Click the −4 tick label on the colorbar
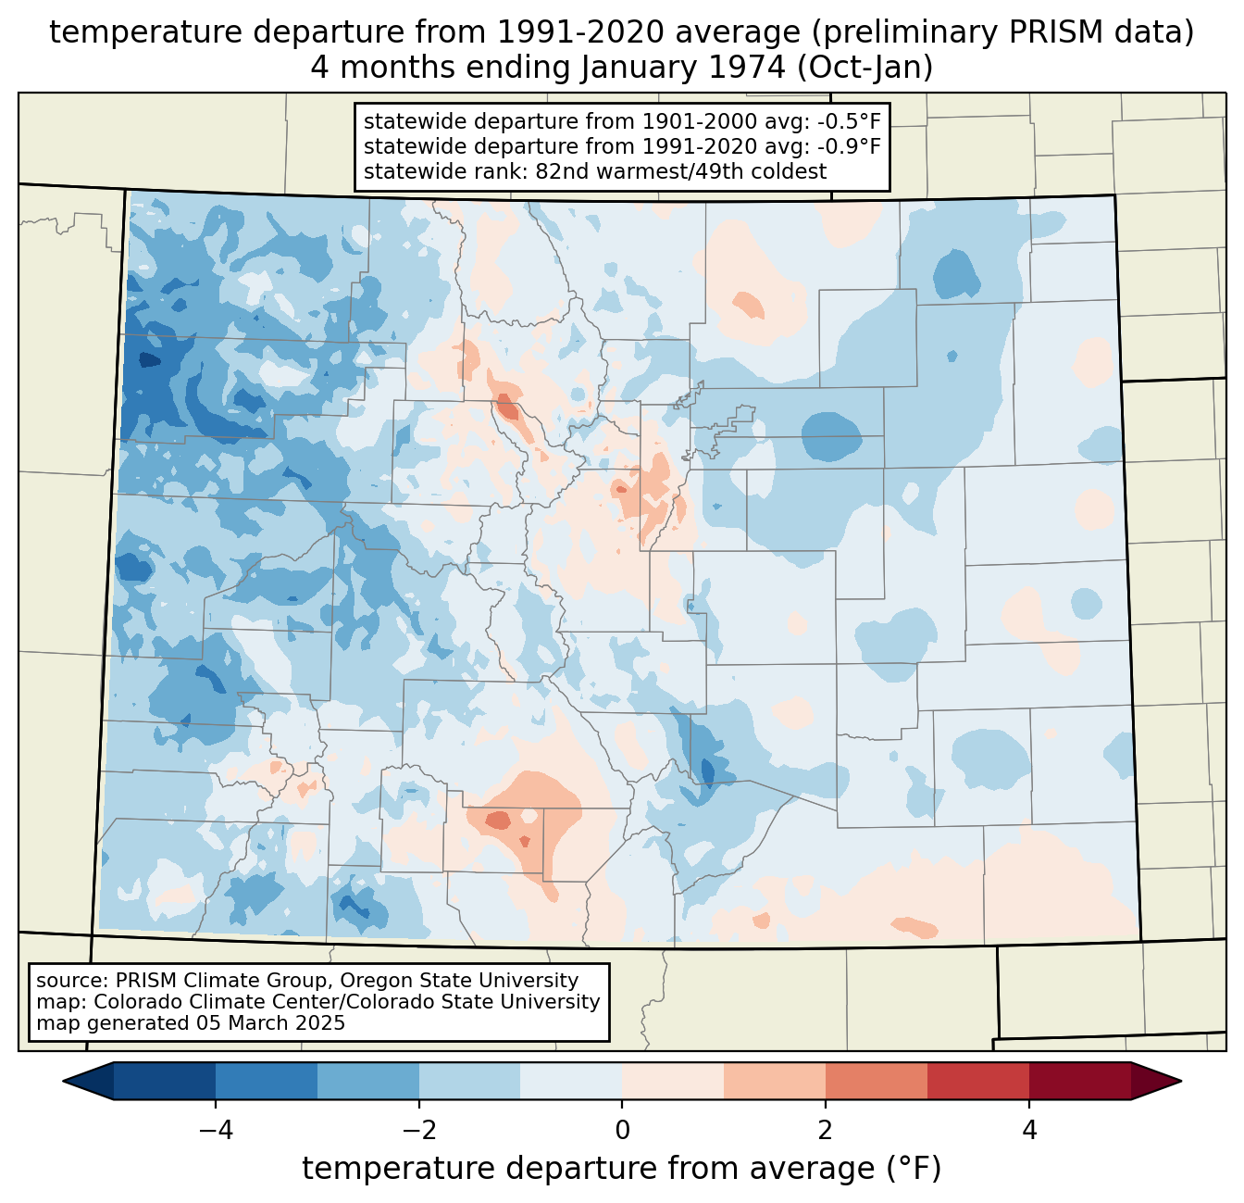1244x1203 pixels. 216,1131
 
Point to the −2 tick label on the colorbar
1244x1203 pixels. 418,1131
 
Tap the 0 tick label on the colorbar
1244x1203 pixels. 622,1131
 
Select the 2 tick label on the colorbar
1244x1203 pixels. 826,1131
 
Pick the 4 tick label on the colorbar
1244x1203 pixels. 1028,1131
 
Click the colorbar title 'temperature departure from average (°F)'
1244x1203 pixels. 622,1169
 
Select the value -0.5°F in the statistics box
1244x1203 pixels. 849,121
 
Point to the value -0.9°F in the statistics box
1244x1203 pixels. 849,145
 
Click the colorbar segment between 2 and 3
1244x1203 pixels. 876,1081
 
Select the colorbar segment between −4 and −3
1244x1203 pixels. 266,1081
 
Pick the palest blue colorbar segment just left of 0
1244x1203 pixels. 571,1081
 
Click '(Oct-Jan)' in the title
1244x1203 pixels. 865,68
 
